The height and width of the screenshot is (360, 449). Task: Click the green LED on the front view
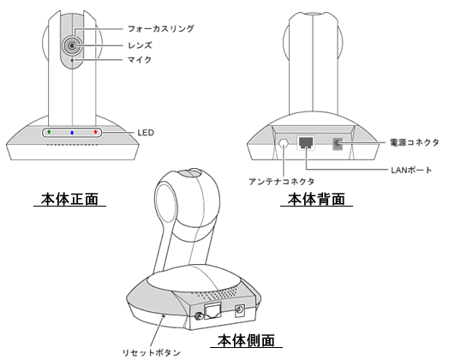[49, 132]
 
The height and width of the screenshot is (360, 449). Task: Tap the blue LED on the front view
[72, 133]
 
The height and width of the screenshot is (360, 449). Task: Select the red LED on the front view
[96, 132]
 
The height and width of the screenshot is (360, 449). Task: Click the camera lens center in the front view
[72, 45]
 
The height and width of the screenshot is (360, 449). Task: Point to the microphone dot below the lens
[72, 60]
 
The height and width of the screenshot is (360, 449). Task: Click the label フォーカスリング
[160, 28]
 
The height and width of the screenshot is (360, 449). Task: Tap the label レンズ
[140, 45]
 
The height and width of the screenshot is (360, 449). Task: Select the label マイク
[140, 60]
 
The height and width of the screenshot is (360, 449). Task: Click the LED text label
[146, 133]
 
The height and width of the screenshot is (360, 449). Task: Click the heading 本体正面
[70, 199]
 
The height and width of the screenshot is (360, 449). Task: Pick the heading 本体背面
[316, 199]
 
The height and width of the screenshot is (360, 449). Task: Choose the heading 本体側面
[246, 340]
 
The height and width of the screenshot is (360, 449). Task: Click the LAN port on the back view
[306, 142]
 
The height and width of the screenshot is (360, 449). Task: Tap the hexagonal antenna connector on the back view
[284, 143]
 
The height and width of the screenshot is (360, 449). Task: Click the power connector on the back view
[338, 143]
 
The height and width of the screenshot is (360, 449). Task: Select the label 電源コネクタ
[415, 142]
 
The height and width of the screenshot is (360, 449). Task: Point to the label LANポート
[411, 170]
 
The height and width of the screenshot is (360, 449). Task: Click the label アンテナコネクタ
[282, 182]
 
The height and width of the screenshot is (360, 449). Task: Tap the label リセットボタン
[152, 352]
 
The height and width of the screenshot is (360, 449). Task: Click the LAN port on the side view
[213, 311]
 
